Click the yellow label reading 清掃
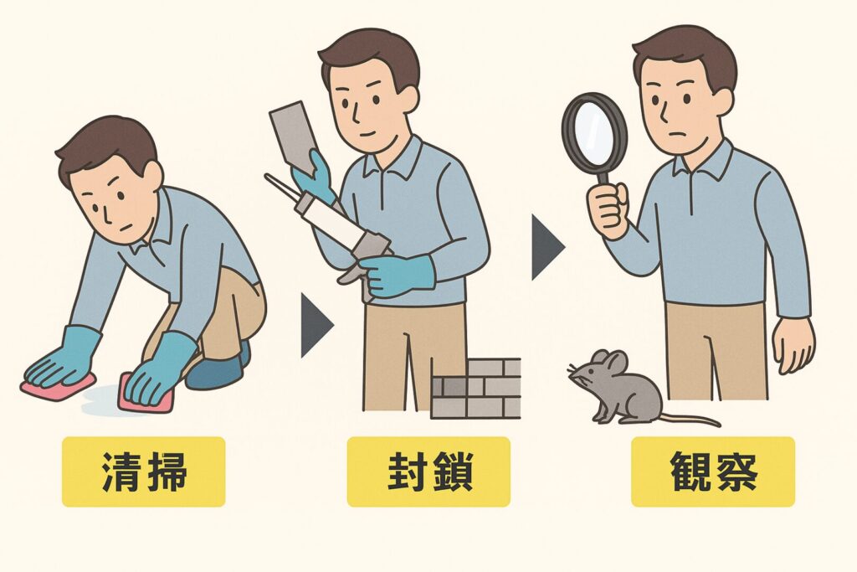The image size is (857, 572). [x=143, y=472]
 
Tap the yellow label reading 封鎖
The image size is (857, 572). [x=428, y=472]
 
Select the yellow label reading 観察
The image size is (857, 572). [x=713, y=472]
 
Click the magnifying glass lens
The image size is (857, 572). [x=594, y=131]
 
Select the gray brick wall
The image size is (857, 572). [x=475, y=389]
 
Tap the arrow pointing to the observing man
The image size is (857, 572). [x=547, y=246]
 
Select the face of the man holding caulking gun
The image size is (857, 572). [x=368, y=109]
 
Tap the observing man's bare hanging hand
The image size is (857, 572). [x=792, y=343]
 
